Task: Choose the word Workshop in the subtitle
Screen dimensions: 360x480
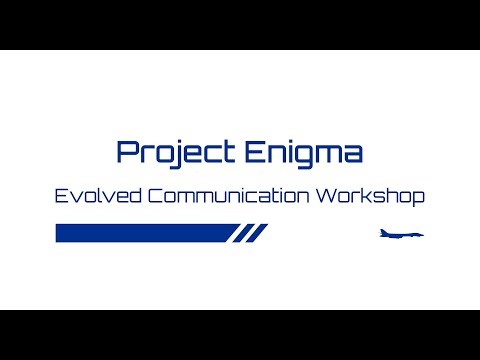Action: pyautogui.click(x=370, y=195)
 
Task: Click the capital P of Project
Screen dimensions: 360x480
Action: pyautogui.click(x=125, y=152)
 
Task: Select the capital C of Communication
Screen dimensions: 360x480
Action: pyautogui.click(x=155, y=195)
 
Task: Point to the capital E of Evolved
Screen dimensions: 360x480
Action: pyautogui.click(x=62, y=195)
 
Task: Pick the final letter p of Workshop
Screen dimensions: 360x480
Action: pyautogui.click(x=419, y=197)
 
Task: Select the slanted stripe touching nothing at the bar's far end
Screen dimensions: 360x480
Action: pyautogui.click(x=261, y=233)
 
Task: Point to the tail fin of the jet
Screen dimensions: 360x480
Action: pyautogui.click(x=384, y=231)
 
